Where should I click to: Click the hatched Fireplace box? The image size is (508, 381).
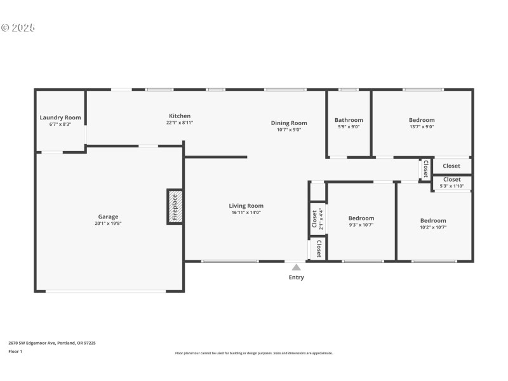175,206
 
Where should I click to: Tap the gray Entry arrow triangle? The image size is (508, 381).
296,267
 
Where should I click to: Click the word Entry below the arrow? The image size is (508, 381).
296,277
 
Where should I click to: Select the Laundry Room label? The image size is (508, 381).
60,117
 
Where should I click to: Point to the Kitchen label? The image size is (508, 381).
180,116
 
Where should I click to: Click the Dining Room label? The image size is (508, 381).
289,123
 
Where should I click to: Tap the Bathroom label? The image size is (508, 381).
349,120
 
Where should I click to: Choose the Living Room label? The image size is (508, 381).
246,206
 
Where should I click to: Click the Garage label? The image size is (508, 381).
108,217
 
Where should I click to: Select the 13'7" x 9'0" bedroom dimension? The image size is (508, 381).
422,126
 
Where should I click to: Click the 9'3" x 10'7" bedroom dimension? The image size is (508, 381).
361,225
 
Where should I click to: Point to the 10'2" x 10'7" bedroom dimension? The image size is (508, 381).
433,227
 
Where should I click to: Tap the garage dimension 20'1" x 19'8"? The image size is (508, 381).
108,224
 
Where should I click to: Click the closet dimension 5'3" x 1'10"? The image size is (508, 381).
451,186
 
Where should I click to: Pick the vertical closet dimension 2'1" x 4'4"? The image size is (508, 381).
321,218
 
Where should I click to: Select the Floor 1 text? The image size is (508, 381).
15,351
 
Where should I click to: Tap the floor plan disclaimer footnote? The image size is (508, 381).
253,353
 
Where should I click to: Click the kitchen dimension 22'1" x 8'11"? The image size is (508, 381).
180,123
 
